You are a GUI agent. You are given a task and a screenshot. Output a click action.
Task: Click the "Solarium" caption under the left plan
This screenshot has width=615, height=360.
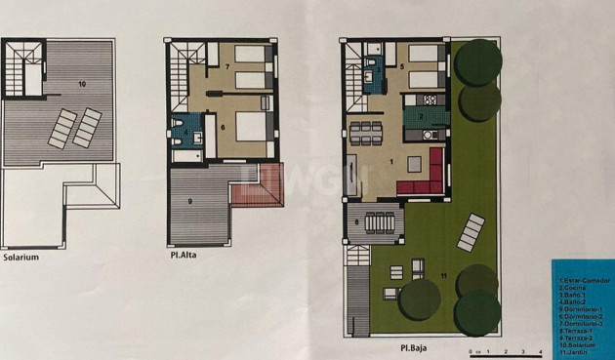coord(20,258)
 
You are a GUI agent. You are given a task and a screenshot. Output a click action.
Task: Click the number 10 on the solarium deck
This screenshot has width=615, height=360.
coord(81,85)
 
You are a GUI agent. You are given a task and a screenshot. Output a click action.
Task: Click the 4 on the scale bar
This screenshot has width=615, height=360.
coord(540,349)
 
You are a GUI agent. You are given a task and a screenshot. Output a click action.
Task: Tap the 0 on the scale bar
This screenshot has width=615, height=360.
coord(471,349)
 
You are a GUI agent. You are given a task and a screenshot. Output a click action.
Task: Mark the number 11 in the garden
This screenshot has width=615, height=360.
coord(443,278)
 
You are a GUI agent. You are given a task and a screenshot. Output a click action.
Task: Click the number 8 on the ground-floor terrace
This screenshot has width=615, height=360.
coord(357,222)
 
